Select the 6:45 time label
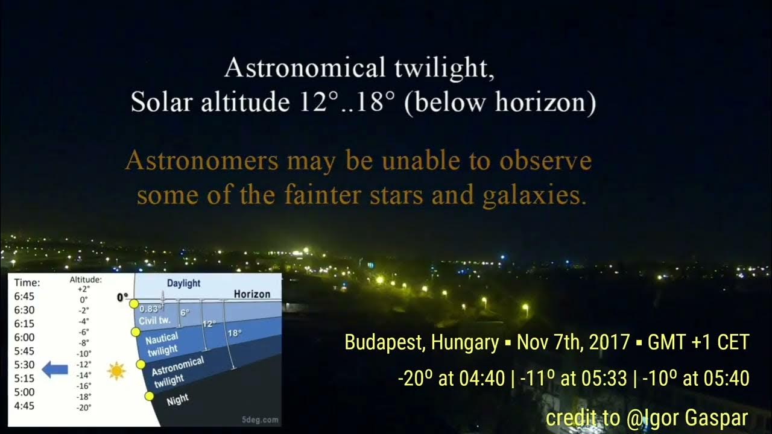(24, 296)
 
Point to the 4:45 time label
(24, 406)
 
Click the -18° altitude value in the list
(84, 397)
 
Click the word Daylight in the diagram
(183, 283)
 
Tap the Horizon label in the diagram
(252, 294)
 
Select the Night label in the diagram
(177, 400)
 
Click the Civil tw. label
(154, 319)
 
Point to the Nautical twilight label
(162, 344)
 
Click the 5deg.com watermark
(259, 419)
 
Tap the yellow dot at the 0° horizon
(134, 304)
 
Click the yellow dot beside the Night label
(150, 396)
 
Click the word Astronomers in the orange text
(201, 162)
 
